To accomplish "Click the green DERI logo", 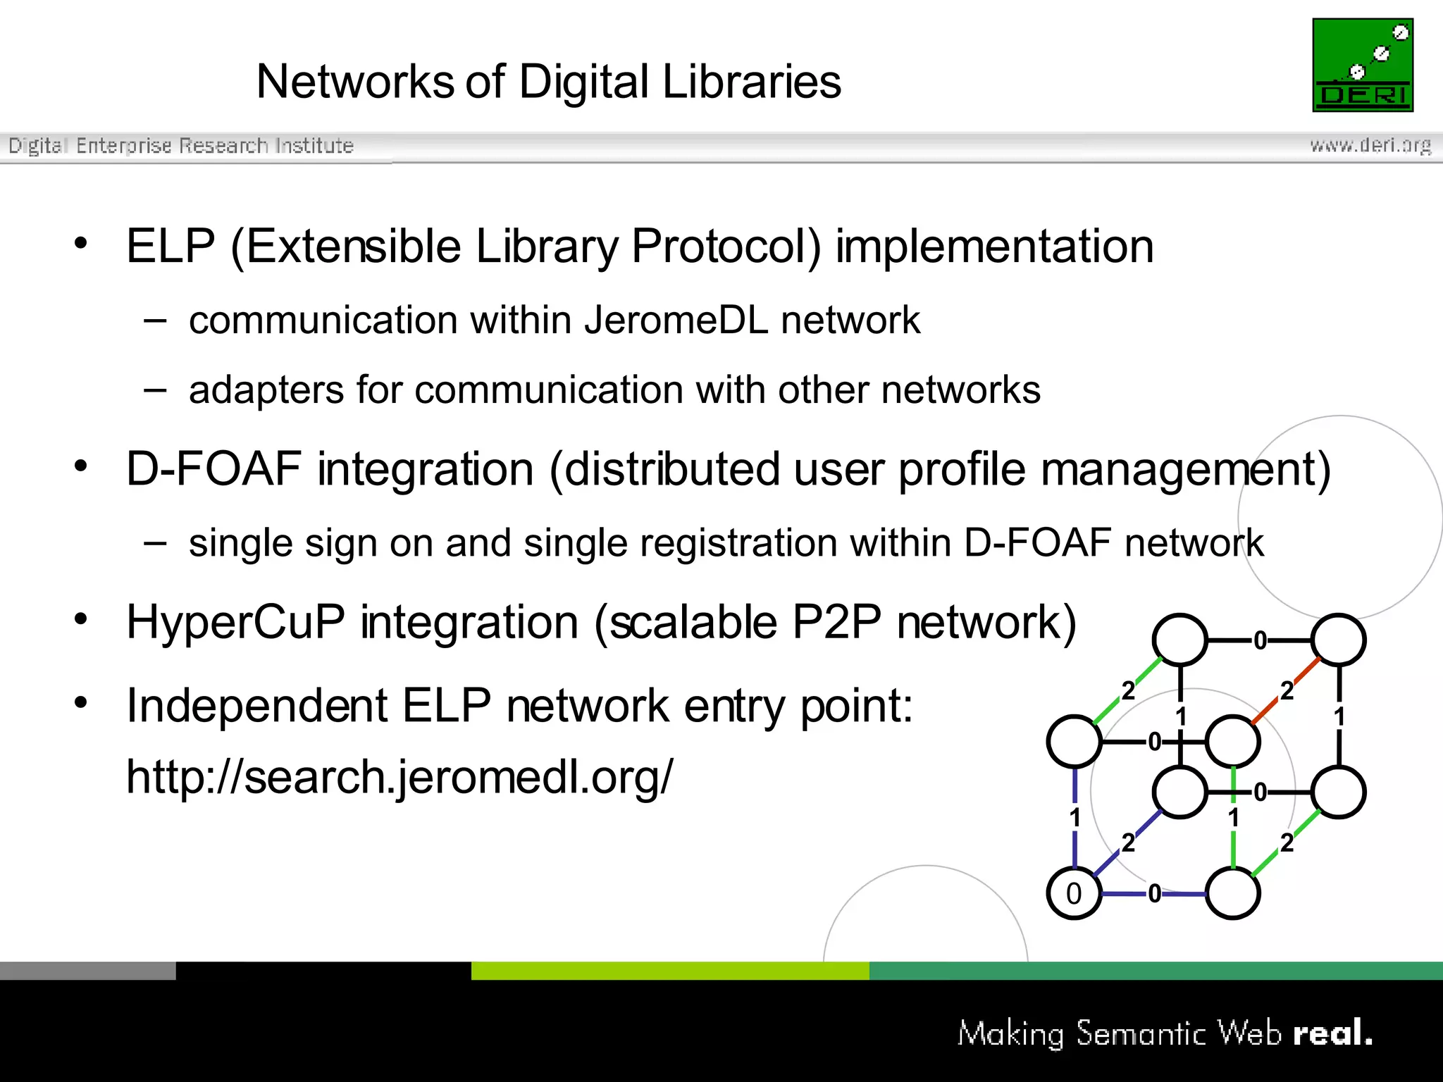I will (1362, 65).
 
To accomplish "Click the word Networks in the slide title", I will (355, 82).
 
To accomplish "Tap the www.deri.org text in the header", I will (1370, 145).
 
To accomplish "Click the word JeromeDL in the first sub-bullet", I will (676, 321).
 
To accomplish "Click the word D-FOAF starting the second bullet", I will (213, 470).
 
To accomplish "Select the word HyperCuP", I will (235, 623).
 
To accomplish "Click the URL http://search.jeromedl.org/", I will (399, 777).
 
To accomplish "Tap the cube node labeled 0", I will (1074, 893).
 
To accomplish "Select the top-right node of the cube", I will (1339, 640).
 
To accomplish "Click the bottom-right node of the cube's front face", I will (1232, 893).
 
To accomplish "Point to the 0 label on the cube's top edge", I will (1260, 640).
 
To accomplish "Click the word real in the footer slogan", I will (1332, 1033).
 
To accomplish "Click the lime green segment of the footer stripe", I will (669, 971).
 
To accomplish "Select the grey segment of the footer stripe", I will (87, 971).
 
